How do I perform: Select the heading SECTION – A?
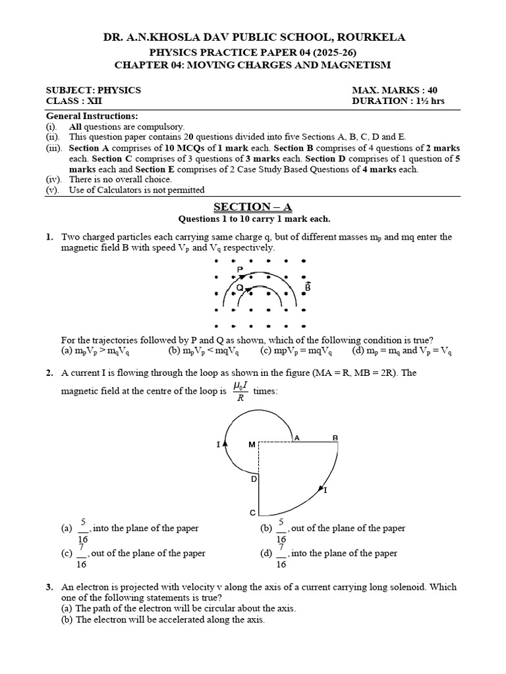252,207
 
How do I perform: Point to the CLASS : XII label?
74,101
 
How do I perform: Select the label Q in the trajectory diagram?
240,288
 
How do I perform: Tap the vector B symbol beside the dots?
308,287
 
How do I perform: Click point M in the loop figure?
251,445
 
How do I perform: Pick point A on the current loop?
296,438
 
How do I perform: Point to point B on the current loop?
335,438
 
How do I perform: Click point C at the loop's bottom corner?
251,513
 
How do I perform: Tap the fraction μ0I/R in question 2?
240,391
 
